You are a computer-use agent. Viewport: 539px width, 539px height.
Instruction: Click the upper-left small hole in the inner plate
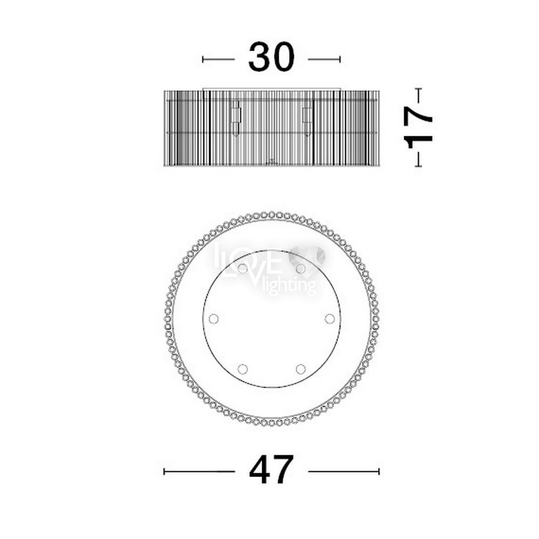click(243, 269)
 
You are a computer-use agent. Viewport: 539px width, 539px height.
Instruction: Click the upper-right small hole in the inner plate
click(300, 269)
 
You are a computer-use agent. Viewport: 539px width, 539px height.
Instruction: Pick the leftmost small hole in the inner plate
click(214, 318)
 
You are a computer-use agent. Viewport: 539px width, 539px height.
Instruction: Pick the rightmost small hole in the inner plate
click(330, 318)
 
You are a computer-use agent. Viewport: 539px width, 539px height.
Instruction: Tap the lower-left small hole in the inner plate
click(243, 369)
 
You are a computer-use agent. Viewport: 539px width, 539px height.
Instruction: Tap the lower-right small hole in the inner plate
click(300, 369)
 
